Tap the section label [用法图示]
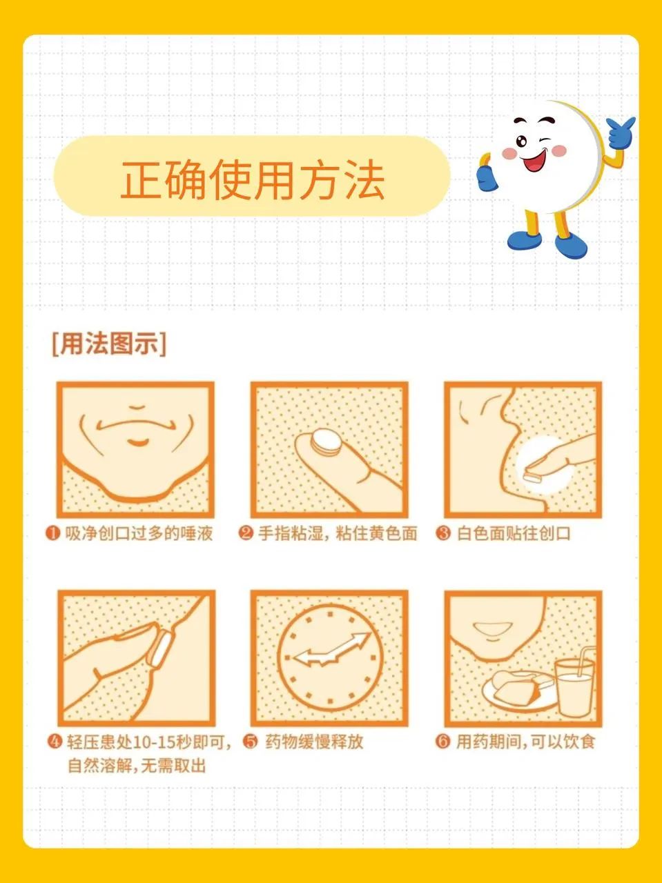click(x=109, y=344)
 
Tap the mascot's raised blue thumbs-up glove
click(x=621, y=131)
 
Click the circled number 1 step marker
click(x=52, y=534)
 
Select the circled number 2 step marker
click(x=246, y=534)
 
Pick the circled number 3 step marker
click(x=443, y=534)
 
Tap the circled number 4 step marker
click(x=55, y=742)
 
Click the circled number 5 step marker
click(x=251, y=742)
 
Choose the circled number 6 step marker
click(x=442, y=742)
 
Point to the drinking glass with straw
click(x=574, y=681)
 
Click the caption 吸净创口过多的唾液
click(x=139, y=534)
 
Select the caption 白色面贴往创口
click(x=514, y=534)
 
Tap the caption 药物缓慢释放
click(x=314, y=742)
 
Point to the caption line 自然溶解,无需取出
click(x=137, y=766)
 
